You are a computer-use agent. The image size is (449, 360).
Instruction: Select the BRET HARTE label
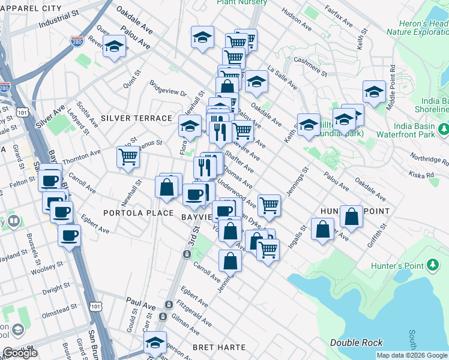[219, 347]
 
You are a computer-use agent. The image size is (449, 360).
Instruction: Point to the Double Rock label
[356, 343]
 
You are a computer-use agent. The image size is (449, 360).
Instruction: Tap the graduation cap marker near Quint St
[113, 46]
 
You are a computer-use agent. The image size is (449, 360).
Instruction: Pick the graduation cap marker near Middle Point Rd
[374, 92]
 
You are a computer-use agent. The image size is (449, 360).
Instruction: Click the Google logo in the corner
[20, 353]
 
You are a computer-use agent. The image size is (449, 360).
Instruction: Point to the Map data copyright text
[411, 355]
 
